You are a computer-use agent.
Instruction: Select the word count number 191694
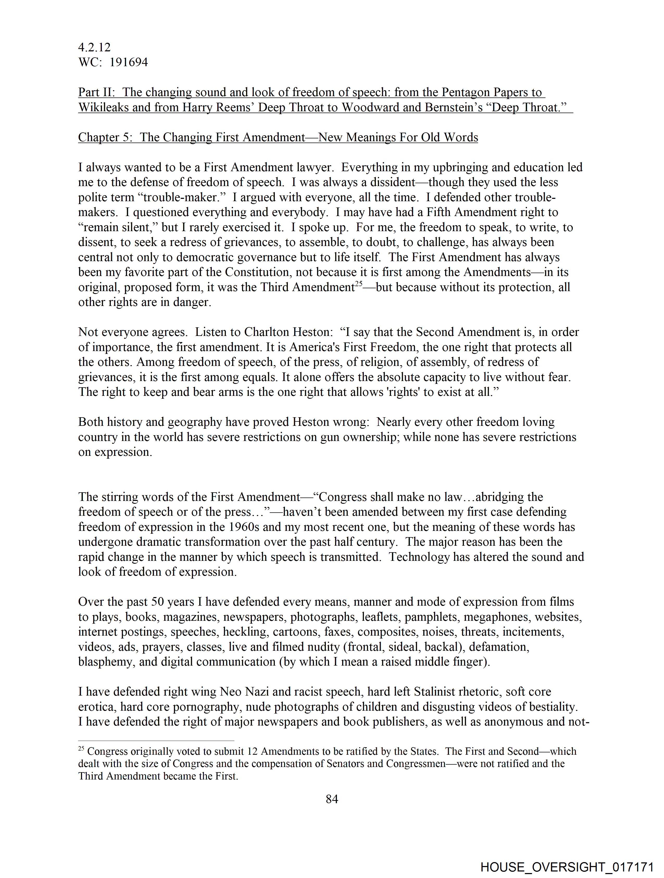point(129,62)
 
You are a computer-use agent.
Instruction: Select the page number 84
point(331,799)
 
